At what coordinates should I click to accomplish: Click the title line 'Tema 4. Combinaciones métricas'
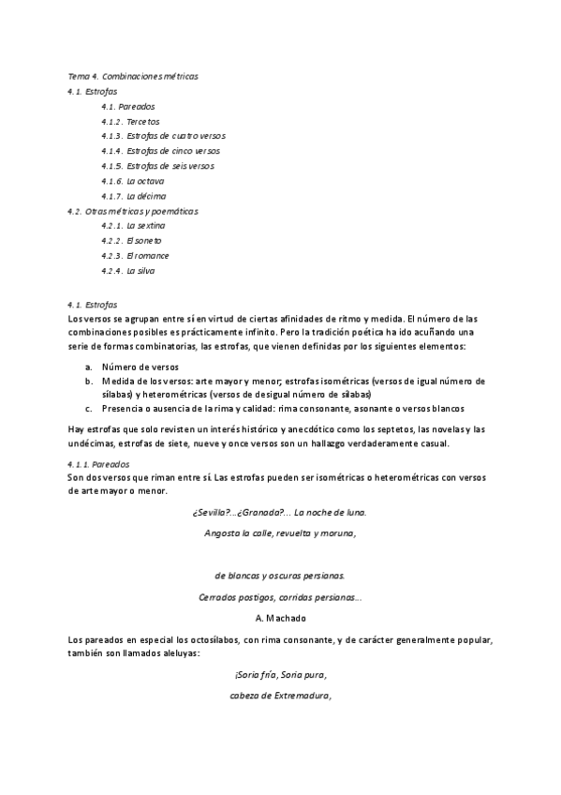coord(133,75)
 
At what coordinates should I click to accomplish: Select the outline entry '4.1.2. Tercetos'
coord(130,121)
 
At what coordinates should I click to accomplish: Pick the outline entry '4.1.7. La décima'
coord(134,196)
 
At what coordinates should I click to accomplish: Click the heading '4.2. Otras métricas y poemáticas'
coord(133,211)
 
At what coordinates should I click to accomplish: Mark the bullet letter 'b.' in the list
coord(88,382)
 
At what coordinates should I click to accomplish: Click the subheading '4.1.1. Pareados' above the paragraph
coord(99,464)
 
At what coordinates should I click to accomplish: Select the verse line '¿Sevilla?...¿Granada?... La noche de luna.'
coord(279,512)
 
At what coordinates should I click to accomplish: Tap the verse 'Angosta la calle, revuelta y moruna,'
coord(279,532)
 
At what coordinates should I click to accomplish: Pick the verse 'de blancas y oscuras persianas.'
coord(279,576)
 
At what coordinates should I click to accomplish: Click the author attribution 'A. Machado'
coord(280,618)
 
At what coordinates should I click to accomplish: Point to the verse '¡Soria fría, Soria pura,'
coord(280,675)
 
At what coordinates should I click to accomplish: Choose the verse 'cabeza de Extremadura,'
coord(280,696)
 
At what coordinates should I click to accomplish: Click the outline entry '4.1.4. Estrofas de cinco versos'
coord(162,151)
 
